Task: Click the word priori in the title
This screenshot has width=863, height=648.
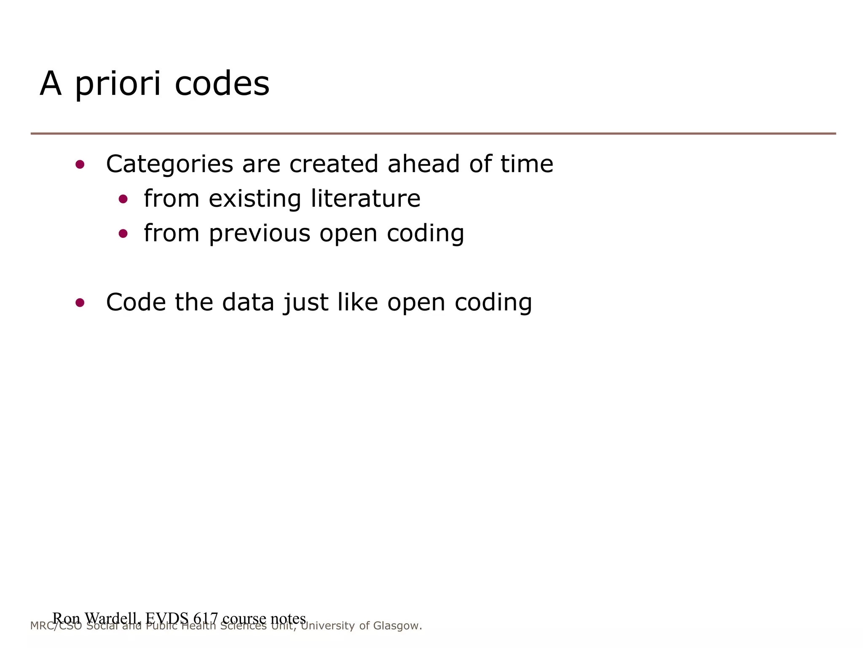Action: tap(118, 84)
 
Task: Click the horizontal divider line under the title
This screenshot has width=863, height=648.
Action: tap(433, 134)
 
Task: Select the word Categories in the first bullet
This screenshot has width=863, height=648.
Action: tap(169, 165)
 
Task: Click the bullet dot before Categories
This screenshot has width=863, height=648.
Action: tap(80, 165)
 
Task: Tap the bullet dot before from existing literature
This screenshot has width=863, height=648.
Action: tap(123, 199)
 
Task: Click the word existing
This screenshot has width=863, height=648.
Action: tap(255, 199)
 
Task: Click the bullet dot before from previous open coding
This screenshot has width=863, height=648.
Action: tap(123, 233)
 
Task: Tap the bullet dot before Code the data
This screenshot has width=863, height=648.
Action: tap(80, 302)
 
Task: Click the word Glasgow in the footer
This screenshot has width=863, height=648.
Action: tap(397, 626)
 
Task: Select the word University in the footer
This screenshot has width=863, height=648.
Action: tap(327, 626)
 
